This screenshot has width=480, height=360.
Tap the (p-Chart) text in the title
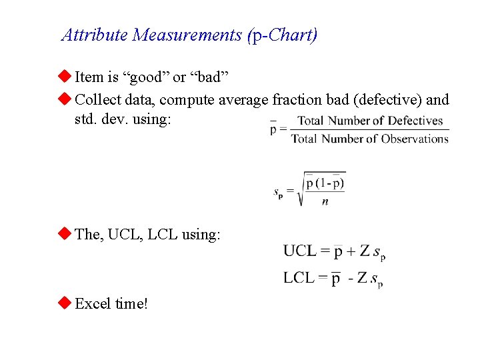coord(282,35)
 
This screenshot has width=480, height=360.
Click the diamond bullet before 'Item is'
coord(65,77)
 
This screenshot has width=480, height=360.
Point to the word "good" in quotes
coord(145,77)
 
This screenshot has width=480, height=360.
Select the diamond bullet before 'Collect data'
coord(65,99)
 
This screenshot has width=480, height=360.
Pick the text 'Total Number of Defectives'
coord(370,121)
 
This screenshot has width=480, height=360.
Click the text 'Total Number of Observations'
coord(370,139)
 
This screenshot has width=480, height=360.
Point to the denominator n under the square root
coord(325,201)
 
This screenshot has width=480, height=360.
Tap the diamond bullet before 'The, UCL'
coord(65,234)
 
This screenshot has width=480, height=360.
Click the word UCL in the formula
coord(299,251)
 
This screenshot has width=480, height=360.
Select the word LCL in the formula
coord(299,277)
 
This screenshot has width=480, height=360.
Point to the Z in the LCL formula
coord(362,277)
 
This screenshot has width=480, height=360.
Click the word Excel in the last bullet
coord(93,304)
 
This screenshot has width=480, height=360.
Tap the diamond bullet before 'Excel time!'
coord(65,303)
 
